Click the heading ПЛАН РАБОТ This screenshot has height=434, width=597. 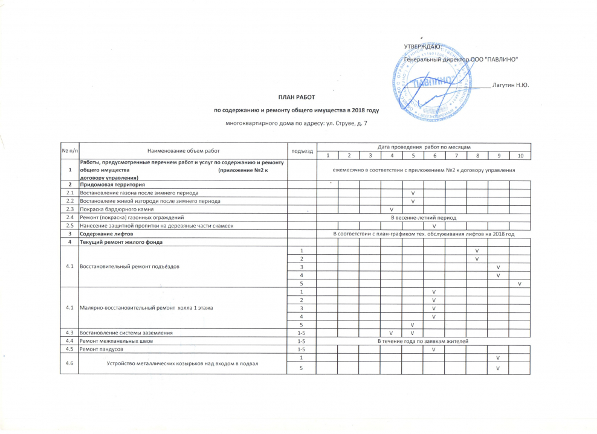click(x=296, y=97)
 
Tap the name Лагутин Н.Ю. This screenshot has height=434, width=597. click(x=511, y=84)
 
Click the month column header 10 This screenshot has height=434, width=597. click(x=519, y=156)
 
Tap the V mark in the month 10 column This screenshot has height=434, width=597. click(x=519, y=284)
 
